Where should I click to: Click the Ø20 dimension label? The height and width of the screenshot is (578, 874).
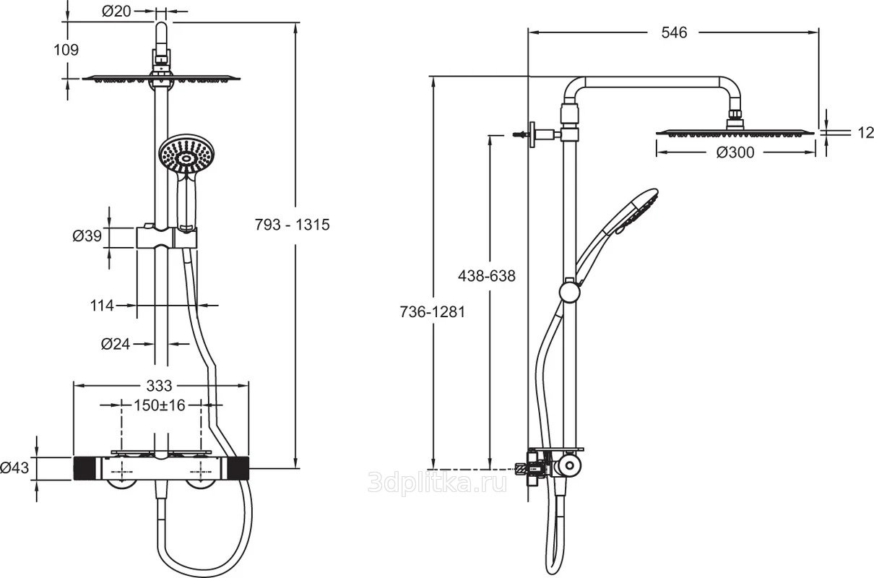(x=116, y=12)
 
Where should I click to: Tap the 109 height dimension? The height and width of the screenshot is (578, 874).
(x=66, y=50)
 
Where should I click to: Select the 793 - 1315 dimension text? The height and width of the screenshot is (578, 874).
(x=293, y=225)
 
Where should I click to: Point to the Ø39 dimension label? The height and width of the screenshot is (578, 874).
(x=87, y=236)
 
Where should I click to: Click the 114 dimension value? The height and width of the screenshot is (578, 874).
(x=102, y=306)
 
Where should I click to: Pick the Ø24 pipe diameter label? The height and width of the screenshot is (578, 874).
(x=116, y=344)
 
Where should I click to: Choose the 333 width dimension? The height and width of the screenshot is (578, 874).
(x=159, y=386)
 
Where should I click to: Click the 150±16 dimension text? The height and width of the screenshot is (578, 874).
(x=159, y=405)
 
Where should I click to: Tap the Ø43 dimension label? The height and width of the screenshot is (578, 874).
(x=14, y=467)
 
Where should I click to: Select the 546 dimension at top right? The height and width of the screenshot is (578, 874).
(x=674, y=33)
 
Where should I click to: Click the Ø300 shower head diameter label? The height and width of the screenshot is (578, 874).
(x=735, y=152)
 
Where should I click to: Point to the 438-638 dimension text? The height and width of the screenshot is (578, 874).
(x=487, y=276)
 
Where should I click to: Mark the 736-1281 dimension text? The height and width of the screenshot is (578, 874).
(x=433, y=312)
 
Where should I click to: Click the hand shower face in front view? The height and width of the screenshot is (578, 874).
(x=188, y=155)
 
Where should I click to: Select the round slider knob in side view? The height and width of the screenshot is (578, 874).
(x=570, y=292)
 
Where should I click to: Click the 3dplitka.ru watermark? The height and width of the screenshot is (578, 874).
(x=438, y=483)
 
